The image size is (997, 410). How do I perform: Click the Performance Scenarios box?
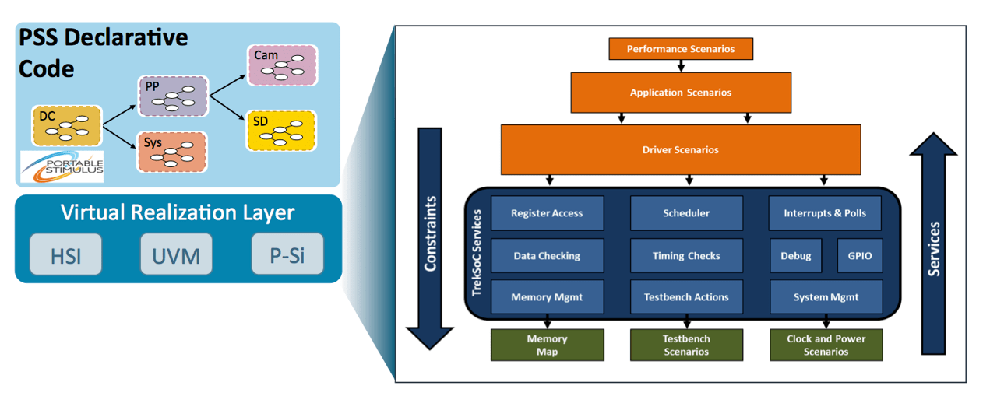682,49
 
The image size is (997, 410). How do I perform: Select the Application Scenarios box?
681,93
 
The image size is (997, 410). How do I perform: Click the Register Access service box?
547,213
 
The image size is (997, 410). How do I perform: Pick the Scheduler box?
686,213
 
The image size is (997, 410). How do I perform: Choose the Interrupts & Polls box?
825,213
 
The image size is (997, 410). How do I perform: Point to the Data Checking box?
547,255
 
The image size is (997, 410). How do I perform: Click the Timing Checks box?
686,255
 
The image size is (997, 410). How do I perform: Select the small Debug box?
795,255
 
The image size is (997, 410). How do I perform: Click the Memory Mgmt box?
547,297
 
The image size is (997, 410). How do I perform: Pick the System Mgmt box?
826,297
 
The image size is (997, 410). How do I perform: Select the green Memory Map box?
547,345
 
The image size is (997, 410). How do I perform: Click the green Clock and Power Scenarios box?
826,345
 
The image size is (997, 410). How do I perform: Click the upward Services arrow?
935,241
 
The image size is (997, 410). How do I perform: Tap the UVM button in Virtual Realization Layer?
176,254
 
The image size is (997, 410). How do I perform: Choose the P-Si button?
287,254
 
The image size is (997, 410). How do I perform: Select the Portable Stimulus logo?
63,166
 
